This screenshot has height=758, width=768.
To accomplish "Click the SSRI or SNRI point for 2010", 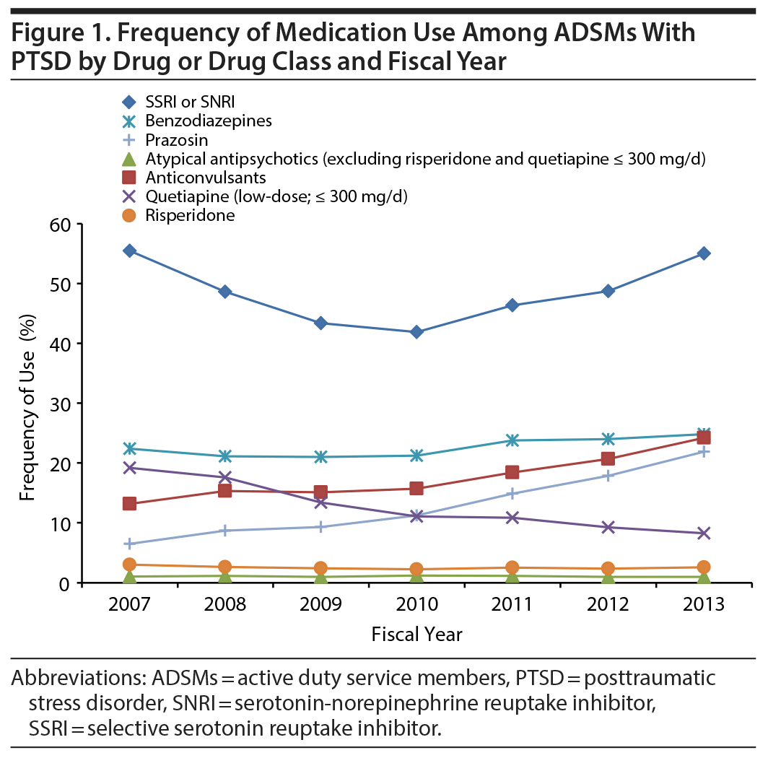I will (x=416, y=332).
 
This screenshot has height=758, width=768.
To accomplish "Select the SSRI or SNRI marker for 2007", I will (x=130, y=251).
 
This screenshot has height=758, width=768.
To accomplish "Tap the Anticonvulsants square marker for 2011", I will (x=512, y=472).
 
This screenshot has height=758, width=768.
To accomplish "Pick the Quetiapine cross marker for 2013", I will (x=704, y=533).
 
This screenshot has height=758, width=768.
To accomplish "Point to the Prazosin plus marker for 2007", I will (x=130, y=544).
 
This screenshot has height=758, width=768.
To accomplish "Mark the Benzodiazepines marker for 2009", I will (x=321, y=457).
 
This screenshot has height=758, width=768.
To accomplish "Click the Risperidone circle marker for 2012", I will (x=608, y=569).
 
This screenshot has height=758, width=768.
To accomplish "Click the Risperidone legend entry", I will (x=180, y=215).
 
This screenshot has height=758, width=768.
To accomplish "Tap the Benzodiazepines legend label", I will (x=198, y=121).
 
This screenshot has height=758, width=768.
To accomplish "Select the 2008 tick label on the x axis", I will (x=225, y=604).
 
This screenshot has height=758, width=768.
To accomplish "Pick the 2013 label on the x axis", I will (x=704, y=604).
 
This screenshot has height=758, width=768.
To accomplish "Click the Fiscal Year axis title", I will (x=416, y=635).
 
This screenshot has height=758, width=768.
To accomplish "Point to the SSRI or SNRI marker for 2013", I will (x=704, y=253).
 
